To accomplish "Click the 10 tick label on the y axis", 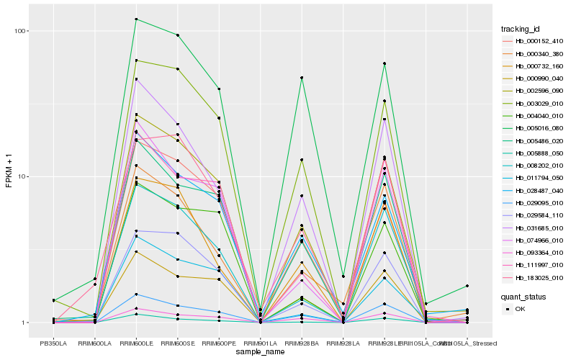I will [x=21, y=177].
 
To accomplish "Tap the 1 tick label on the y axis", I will [x=23, y=323].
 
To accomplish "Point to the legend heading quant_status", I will [x=523, y=296].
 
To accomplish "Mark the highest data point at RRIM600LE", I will [x=135, y=19].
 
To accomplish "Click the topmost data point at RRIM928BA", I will [x=302, y=78].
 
